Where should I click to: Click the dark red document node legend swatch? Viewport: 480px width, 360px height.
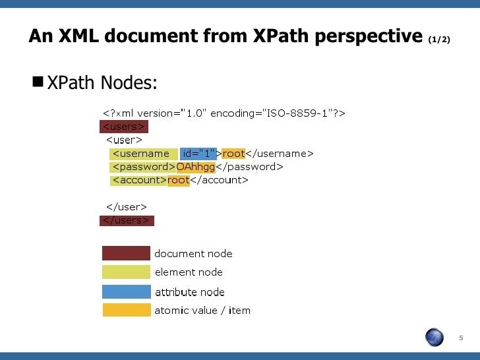[x=126, y=253]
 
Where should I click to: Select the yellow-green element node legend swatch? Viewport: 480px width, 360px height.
[x=126, y=272]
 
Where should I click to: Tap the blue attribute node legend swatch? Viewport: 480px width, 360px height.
[x=126, y=291]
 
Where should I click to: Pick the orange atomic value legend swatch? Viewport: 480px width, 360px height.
[x=126, y=310]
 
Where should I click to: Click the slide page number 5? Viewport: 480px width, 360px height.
[x=461, y=338]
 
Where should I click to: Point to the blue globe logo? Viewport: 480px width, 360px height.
[x=435, y=338]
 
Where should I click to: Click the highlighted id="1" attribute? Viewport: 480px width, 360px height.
[x=199, y=154]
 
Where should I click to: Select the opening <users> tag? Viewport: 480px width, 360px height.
[x=123, y=127]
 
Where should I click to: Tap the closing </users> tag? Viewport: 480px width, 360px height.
[x=126, y=220]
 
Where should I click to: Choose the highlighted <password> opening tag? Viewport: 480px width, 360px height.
[x=143, y=167]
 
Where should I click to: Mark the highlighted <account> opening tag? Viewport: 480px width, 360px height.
[x=138, y=180]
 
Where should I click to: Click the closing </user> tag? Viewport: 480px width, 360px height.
[x=126, y=207]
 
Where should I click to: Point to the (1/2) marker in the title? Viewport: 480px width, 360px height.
[x=439, y=40]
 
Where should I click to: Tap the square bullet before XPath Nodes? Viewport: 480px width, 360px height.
[x=37, y=82]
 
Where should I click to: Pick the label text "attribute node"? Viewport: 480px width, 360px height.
[x=189, y=292]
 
